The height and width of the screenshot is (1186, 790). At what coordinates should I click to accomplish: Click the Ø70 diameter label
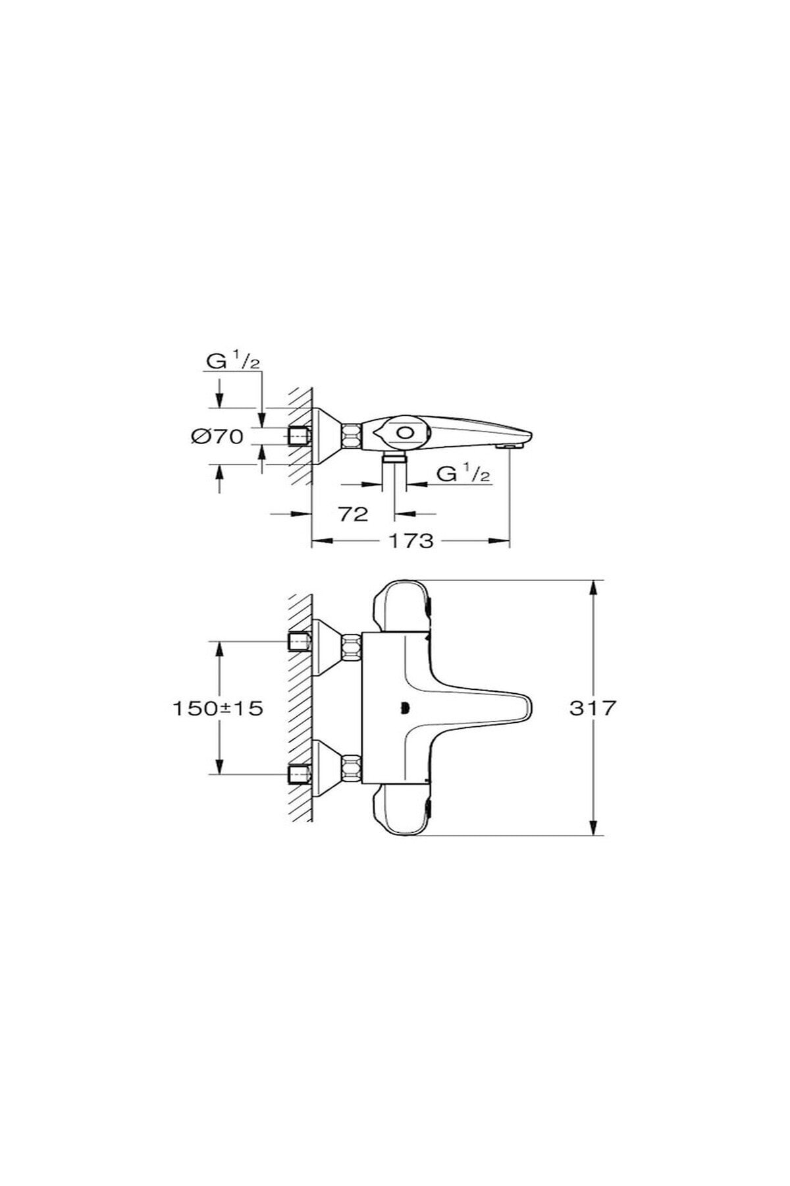pyautogui.click(x=217, y=436)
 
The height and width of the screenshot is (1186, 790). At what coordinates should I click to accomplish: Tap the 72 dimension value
pyautogui.click(x=354, y=514)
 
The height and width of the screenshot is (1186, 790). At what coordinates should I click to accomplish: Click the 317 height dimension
pyautogui.click(x=592, y=708)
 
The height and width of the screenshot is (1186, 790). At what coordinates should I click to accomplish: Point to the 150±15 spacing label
pyautogui.click(x=217, y=708)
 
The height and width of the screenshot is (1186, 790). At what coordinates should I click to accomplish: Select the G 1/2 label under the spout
pyautogui.click(x=464, y=474)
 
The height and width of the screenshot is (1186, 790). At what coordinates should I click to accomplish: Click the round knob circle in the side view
pyautogui.click(x=404, y=432)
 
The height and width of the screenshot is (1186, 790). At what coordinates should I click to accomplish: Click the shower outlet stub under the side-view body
pyautogui.click(x=394, y=457)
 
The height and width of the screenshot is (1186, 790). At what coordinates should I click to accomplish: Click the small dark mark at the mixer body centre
pyautogui.click(x=403, y=709)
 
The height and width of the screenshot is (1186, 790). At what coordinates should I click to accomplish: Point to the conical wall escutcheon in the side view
pyautogui.click(x=326, y=436)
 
